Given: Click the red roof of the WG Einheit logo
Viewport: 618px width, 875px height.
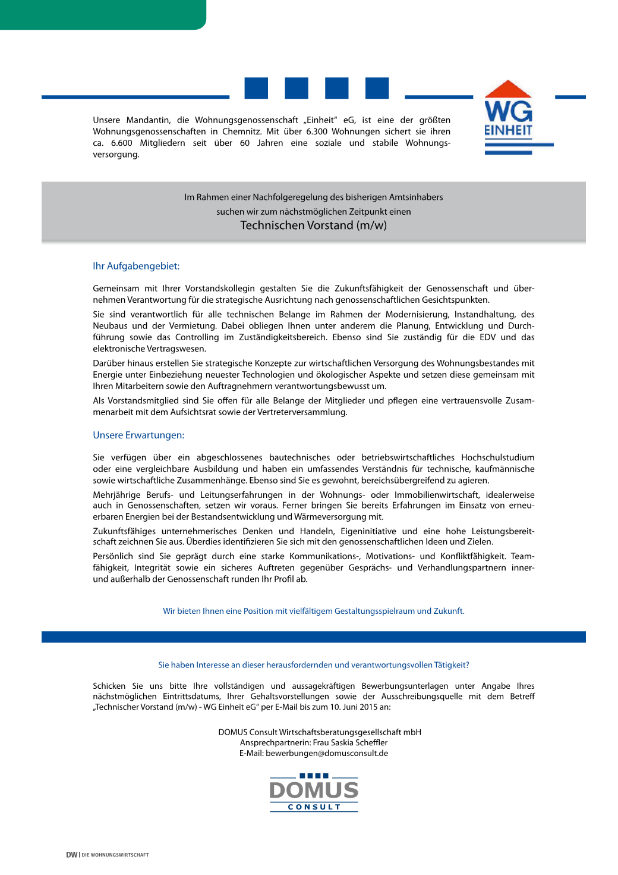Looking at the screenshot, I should (508, 90).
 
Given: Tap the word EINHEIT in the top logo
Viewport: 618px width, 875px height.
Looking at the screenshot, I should (508, 130).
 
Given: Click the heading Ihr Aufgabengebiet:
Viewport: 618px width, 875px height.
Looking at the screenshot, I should (136, 266).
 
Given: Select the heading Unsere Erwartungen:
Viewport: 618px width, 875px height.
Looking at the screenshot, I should (138, 435).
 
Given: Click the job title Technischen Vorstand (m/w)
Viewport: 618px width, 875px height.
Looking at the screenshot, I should (313, 225).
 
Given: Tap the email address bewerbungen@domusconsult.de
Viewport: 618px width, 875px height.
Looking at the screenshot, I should (327, 753).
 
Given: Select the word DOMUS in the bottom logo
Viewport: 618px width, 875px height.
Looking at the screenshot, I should (314, 791).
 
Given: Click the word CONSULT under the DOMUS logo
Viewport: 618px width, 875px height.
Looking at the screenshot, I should (314, 807).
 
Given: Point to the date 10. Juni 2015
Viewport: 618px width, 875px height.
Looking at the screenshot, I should (349, 707).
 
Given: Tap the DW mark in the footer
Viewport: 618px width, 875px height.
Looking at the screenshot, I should (71, 855).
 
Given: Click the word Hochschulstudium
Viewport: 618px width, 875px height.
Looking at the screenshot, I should (497, 457).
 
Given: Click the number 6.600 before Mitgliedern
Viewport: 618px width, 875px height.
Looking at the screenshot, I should (121, 143).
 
